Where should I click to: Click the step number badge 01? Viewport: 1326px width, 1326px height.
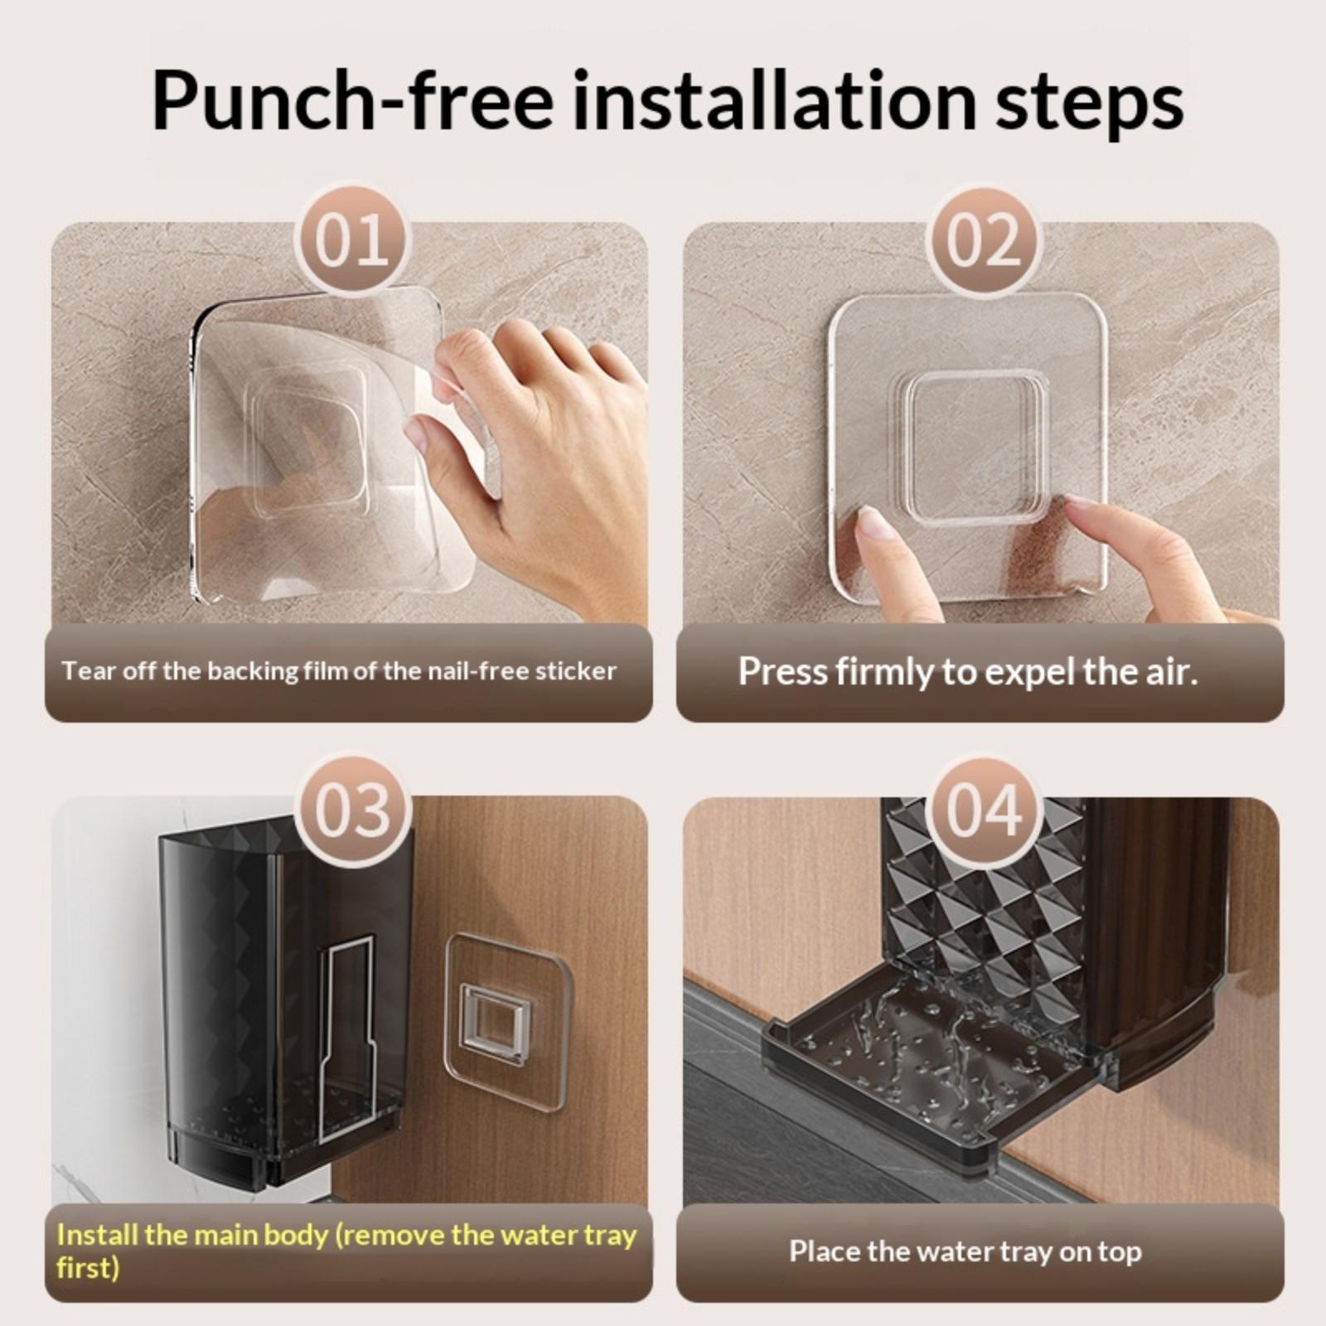coord(352,240)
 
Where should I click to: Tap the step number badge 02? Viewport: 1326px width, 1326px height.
coord(983,240)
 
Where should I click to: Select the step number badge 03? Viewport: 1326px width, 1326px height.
coord(352,811)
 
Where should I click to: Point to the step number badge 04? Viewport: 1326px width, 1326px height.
coord(983,811)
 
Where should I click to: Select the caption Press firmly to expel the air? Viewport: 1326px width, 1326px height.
coord(968,671)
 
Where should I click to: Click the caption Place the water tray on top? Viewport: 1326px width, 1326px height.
coord(965,1251)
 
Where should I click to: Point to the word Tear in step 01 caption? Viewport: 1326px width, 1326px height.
coord(89,670)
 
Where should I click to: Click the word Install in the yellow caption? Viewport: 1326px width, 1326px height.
coord(97,1235)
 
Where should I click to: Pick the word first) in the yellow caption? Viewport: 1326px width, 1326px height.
coord(88,1267)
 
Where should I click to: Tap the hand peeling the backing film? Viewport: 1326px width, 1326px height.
coord(530,464)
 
